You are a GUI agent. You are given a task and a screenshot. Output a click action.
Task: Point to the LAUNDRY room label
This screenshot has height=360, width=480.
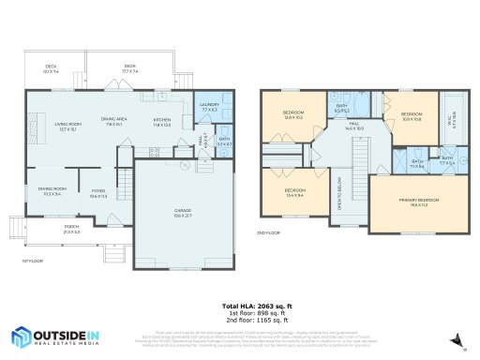(209, 106)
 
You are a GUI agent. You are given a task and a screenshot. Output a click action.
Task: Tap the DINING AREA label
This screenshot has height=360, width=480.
(114, 121)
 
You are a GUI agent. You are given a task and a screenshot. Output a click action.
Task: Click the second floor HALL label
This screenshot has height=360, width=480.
(355, 126)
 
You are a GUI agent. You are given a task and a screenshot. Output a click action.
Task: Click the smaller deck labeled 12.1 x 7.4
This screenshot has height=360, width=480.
(51, 68)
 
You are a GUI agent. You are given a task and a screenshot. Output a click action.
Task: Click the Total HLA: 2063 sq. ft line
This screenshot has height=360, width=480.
(258, 306)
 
